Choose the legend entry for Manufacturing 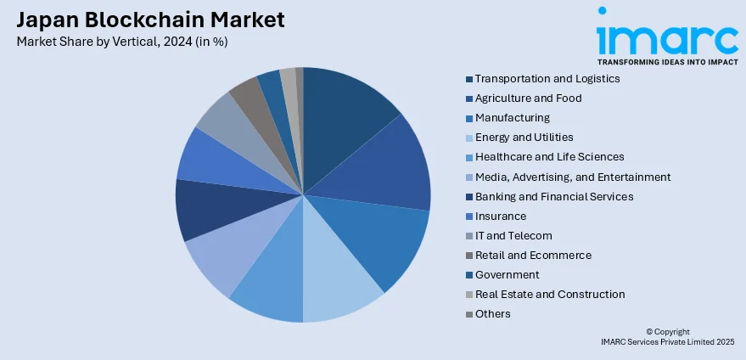tap(513, 118)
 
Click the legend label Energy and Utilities tap(524, 138)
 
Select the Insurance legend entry tap(501, 216)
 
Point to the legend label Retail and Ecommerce tap(533, 255)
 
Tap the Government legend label tap(508, 274)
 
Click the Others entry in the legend tap(493, 313)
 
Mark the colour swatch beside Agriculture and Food tap(468, 98)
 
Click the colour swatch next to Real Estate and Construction tap(468, 295)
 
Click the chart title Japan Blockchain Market tap(149, 20)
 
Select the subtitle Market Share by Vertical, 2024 tap(121, 41)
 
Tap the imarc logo tap(666, 38)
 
